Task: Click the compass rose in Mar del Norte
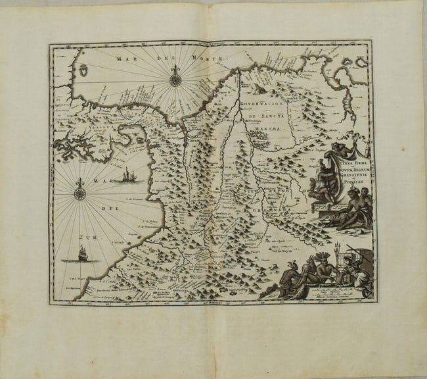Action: click(175, 80)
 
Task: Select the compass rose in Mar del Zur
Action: click(80, 193)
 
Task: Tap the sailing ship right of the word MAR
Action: click(127, 176)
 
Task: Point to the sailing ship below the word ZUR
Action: click(82, 253)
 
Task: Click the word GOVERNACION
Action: click(262, 104)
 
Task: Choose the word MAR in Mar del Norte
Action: click(122, 58)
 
